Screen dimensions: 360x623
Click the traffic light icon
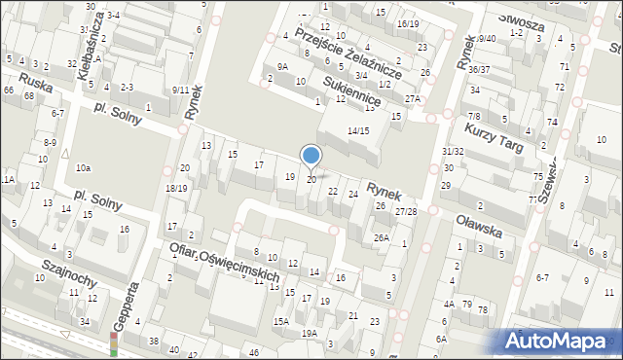pos(114,343)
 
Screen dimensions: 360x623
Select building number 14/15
pos(358,130)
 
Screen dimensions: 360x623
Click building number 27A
pos(413,99)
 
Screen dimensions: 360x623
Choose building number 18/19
pos(175,188)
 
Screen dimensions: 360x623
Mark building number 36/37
pos(478,70)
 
